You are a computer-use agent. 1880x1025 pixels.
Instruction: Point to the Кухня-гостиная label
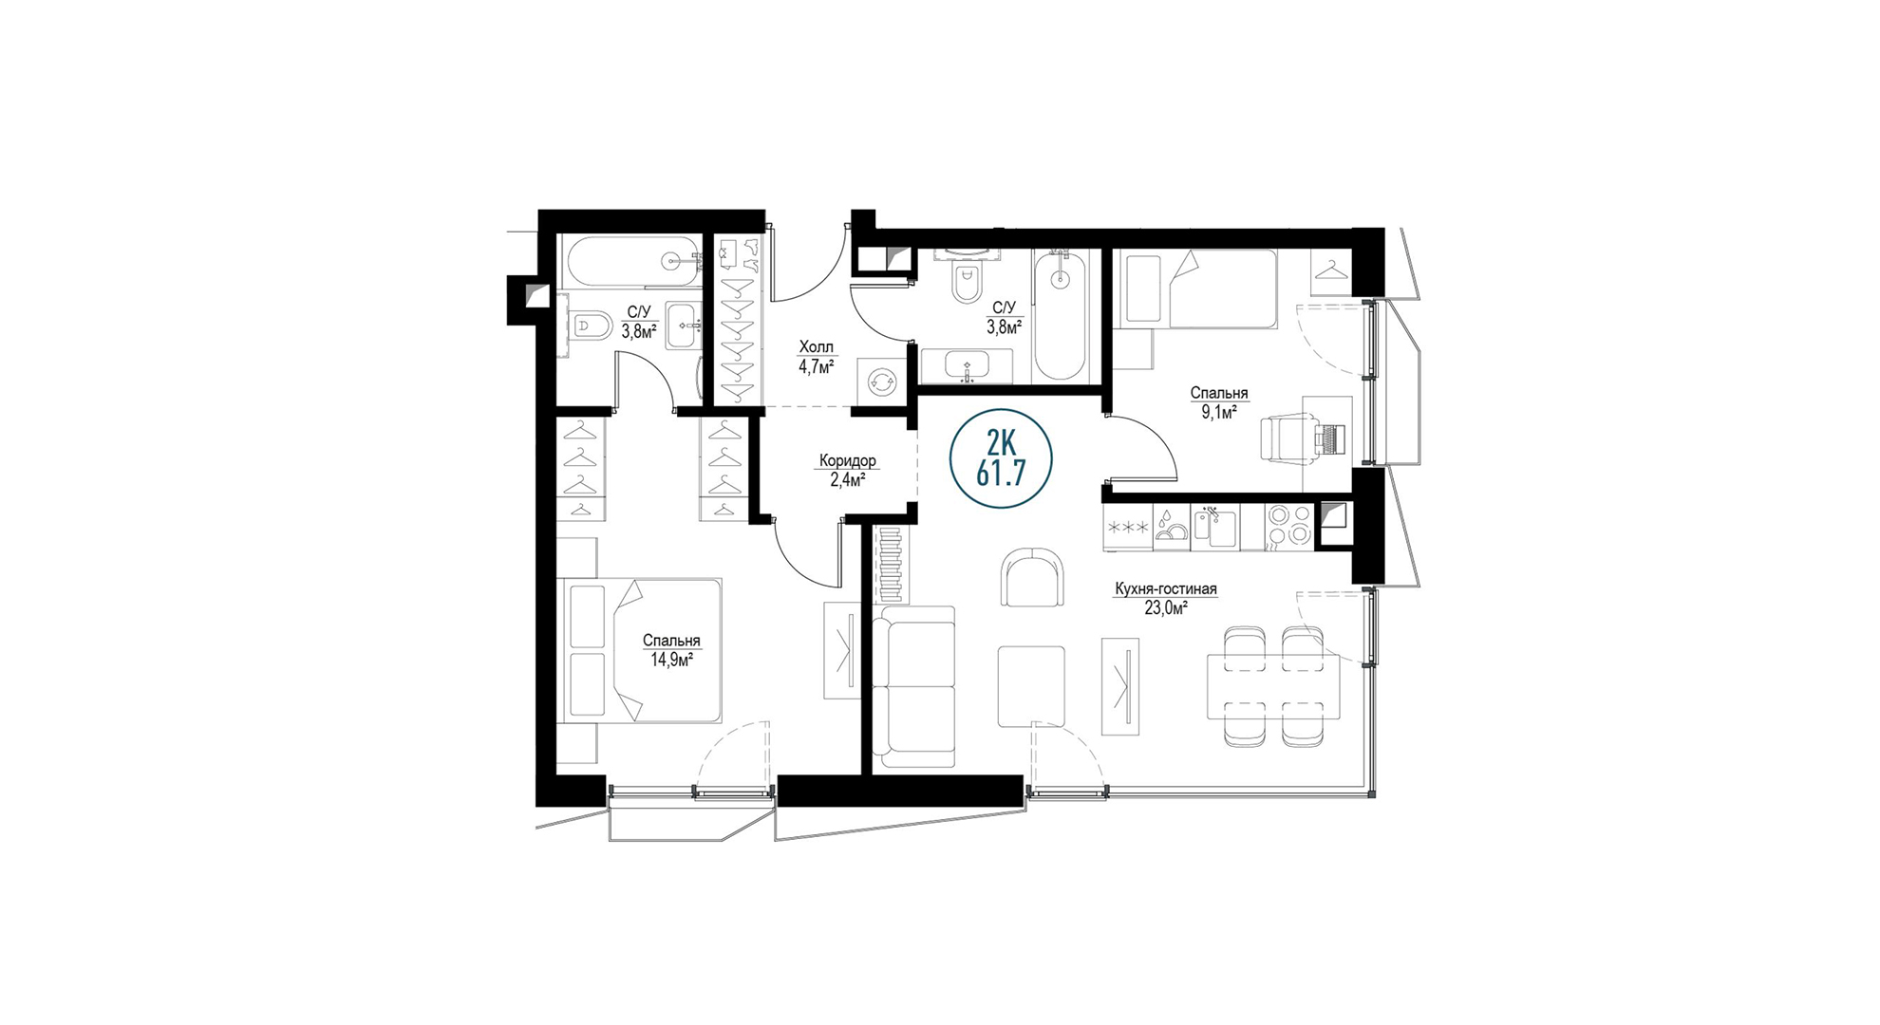(x=1165, y=589)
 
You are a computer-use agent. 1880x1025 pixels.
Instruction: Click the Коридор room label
(x=848, y=461)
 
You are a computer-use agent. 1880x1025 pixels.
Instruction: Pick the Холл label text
(x=817, y=347)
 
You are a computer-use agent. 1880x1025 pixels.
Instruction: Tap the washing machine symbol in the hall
(x=880, y=382)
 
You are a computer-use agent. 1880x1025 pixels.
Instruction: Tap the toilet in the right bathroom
(x=967, y=282)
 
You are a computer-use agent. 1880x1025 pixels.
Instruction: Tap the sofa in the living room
(x=913, y=687)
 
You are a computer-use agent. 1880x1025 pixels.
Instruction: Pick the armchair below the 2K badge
(x=1032, y=578)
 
